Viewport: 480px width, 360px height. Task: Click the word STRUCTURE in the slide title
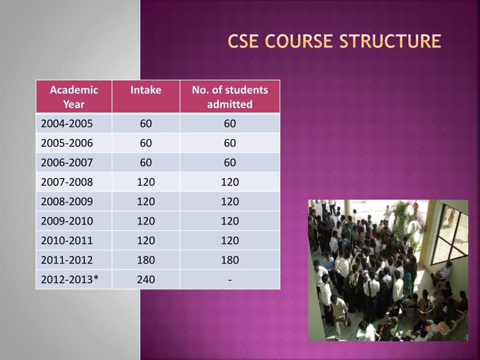click(x=390, y=41)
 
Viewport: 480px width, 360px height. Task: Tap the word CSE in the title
click(x=244, y=41)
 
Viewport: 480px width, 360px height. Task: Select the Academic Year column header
click(x=74, y=97)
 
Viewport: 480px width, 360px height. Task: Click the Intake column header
click(x=146, y=90)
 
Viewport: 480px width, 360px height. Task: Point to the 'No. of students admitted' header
click(x=230, y=97)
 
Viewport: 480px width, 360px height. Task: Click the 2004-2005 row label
click(x=67, y=124)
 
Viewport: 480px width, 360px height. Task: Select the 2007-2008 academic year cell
click(x=67, y=182)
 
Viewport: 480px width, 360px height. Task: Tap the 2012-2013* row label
click(x=69, y=280)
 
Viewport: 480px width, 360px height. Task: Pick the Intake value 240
click(x=146, y=280)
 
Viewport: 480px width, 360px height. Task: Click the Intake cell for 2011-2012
click(x=146, y=260)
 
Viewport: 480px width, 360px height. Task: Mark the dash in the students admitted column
click(x=230, y=280)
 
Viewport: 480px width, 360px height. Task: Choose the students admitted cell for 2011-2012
click(x=230, y=260)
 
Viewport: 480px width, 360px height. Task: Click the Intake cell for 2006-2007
click(x=146, y=163)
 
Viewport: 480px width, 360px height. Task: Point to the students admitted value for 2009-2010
click(x=230, y=221)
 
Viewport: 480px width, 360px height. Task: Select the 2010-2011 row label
click(x=67, y=240)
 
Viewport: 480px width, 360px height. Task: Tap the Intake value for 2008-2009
click(x=146, y=202)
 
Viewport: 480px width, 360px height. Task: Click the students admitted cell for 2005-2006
click(x=230, y=143)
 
